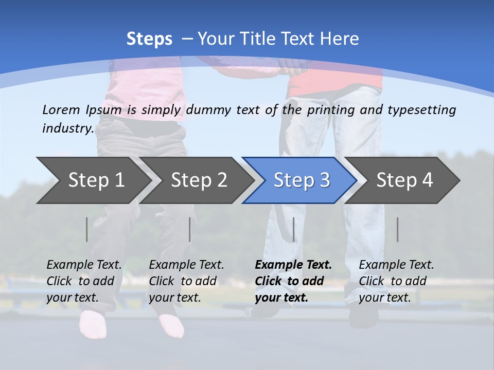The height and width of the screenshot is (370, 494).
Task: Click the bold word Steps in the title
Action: [x=149, y=39]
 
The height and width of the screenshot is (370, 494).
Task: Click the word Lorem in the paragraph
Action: [x=61, y=109]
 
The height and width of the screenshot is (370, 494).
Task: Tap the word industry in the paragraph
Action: [x=67, y=128]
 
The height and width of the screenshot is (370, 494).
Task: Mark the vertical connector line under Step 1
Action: [x=87, y=229]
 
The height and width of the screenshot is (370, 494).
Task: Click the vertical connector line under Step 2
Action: [x=190, y=229]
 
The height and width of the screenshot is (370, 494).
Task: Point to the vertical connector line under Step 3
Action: [x=293, y=229]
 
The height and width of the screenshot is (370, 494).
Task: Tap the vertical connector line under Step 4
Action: [x=397, y=229]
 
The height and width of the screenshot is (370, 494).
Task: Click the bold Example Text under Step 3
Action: [x=293, y=265]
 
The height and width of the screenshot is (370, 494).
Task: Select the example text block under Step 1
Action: [x=84, y=281]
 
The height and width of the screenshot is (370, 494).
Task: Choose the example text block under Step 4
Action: [x=396, y=281]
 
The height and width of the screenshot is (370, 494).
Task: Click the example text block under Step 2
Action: [x=186, y=281]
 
